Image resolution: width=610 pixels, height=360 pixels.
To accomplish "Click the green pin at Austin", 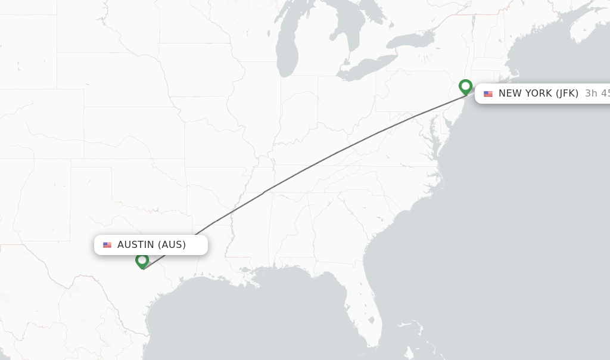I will click(142, 260).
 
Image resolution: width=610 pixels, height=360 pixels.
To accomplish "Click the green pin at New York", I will click(466, 87).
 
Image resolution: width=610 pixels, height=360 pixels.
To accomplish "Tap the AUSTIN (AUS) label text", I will click(151, 244).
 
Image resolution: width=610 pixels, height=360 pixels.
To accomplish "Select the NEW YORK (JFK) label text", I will click(538, 93).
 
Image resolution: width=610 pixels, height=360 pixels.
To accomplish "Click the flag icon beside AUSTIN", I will click(107, 245).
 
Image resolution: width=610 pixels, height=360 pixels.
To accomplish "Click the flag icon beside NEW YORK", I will click(488, 94).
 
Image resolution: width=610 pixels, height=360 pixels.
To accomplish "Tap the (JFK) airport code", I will click(567, 93).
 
